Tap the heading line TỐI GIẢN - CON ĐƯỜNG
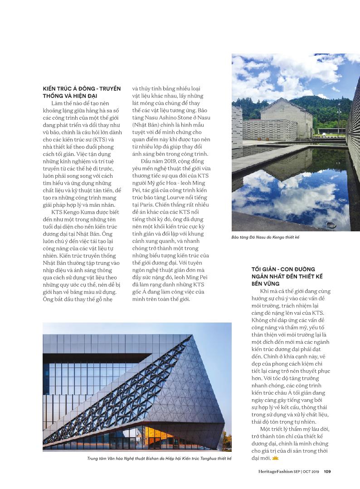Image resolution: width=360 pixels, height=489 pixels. (x=283, y=269)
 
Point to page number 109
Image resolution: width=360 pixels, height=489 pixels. (x=327, y=471)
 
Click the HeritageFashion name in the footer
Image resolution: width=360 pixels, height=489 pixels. (x=272, y=471)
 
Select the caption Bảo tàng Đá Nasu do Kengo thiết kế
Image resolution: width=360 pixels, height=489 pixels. (x=265, y=237)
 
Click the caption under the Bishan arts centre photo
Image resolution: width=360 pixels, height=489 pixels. (x=159, y=459)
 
